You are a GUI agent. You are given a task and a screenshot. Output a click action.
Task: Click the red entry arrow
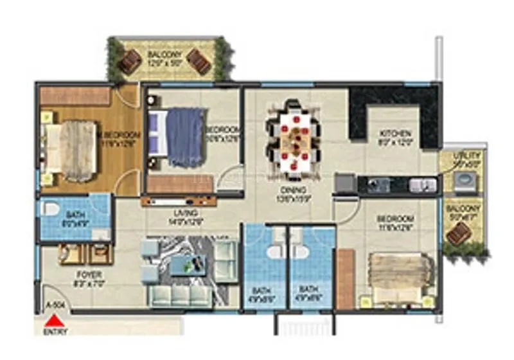[x=57, y=319]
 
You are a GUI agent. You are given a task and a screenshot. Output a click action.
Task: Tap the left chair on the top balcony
[x=130, y=61]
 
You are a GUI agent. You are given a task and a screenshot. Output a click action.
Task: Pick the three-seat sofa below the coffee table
[x=179, y=294]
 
